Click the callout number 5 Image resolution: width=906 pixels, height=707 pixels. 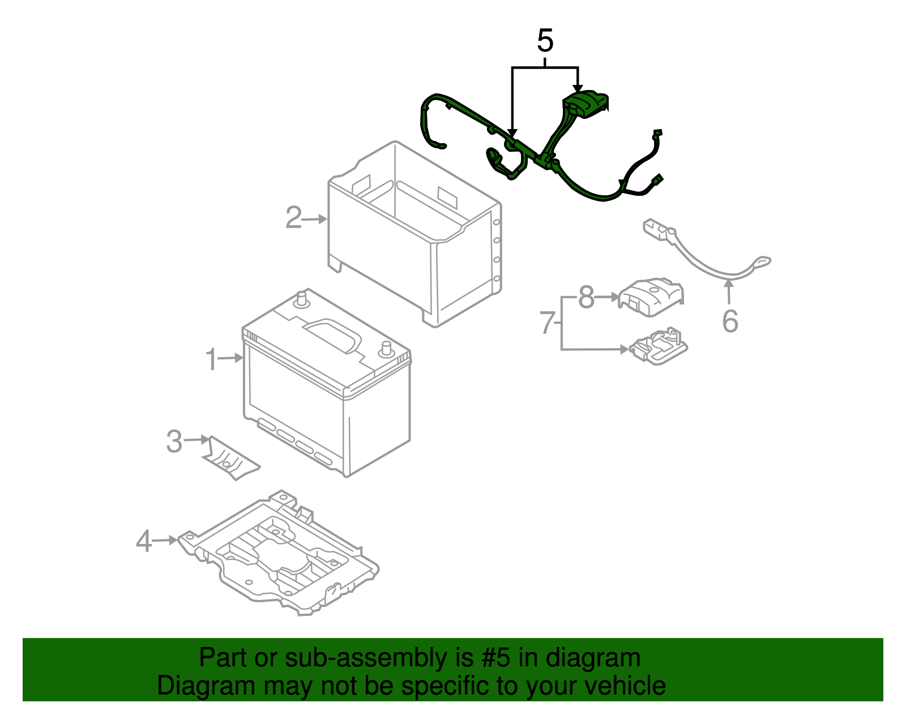545,41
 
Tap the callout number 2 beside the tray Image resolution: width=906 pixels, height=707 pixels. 293,218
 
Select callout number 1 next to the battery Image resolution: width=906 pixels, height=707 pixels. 211,359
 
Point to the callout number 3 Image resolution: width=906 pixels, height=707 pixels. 174,441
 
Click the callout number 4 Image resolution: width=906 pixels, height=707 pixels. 144,541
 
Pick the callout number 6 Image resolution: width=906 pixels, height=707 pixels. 730,321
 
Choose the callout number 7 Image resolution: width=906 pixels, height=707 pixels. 546,323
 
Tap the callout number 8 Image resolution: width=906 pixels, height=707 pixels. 586,297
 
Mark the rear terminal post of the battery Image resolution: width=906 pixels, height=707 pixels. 302,298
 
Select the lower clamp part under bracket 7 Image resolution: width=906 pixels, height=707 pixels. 658,345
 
